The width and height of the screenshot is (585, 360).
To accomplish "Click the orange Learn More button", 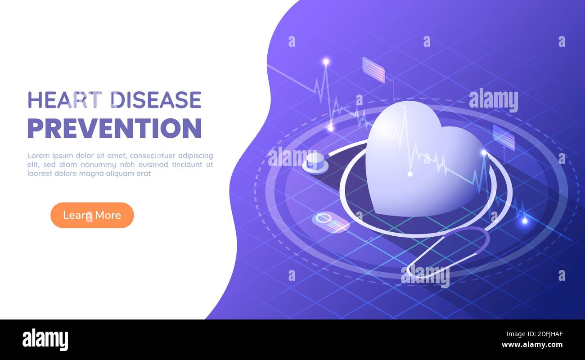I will (92, 215).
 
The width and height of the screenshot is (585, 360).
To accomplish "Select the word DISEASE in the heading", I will (157, 100).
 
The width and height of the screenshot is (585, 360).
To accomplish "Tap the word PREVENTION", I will (114, 128).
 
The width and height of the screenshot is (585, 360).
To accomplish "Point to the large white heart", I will (418, 162).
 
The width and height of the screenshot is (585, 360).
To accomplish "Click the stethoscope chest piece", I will (315, 163).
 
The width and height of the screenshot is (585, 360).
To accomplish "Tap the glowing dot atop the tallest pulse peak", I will (326, 62).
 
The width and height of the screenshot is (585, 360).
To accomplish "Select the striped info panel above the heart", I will (373, 70).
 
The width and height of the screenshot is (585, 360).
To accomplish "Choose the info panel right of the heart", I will (504, 137).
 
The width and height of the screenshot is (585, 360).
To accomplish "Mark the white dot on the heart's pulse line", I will (409, 174).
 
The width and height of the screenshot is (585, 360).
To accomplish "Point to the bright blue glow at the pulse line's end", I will (524, 220).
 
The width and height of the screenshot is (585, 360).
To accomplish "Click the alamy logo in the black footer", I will (45, 340).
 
